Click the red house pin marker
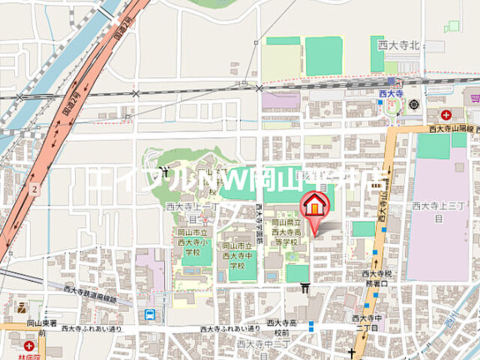tap(315, 205)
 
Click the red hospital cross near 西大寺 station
tap(446, 115)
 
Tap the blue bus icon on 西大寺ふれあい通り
tap(149, 314)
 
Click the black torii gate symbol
tap(304, 287)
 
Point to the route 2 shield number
tap(35, 189)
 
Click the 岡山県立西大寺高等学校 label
tap(286, 232)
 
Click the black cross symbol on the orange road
tap(350, 352)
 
